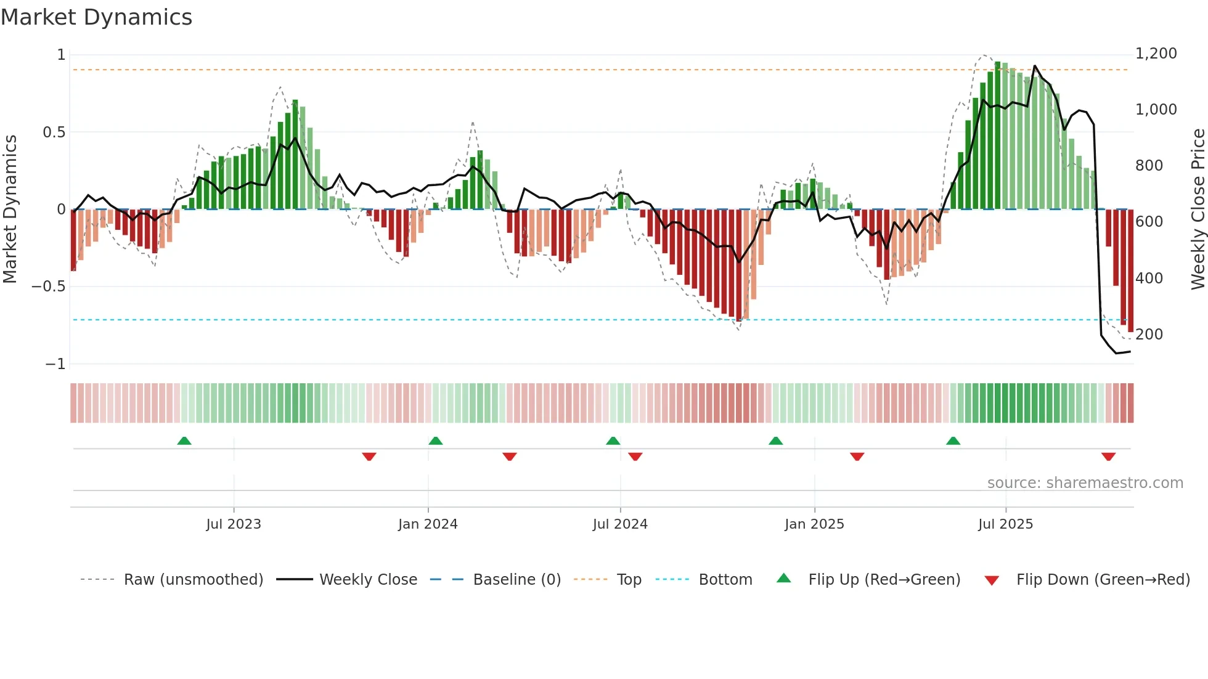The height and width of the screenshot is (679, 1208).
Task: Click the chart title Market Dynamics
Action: pyautogui.click(x=96, y=17)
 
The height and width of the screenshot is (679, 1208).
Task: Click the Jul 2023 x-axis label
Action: pyautogui.click(x=234, y=524)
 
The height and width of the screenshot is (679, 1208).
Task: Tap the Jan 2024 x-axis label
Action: pyautogui.click(x=428, y=524)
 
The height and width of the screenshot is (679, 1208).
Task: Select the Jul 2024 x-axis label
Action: pyautogui.click(x=620, y=524)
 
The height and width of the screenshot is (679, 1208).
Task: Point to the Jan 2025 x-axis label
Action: pyautogui.click(x=814, y=524)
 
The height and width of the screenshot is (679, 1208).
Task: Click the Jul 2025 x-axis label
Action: pyautogui.click(x=1005, y=524)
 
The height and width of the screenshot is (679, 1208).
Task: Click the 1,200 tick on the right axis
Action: pyautogui.click(x=1156, y=54)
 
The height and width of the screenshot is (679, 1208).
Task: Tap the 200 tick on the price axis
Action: pyautogui.click(x=1149, y=335)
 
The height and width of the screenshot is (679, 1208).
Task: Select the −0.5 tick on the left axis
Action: pyautogui.click(x=49, y=287)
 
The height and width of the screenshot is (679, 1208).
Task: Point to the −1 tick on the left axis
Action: pyautogui.click(x=55, y=364)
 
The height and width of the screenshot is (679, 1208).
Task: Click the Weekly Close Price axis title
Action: pyautogui.click(x=1198, y=209)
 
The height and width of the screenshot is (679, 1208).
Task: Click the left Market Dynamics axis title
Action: pyautogui.click(x=10, y=209)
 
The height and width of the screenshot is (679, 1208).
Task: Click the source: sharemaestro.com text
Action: pyautogui.click(x=1085, y=483)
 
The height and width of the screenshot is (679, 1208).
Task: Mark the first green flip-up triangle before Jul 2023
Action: pyautogui.click(x=184, y=441)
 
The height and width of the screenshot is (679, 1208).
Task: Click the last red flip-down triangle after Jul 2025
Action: pyautogui.click(x=1108, y=457)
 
